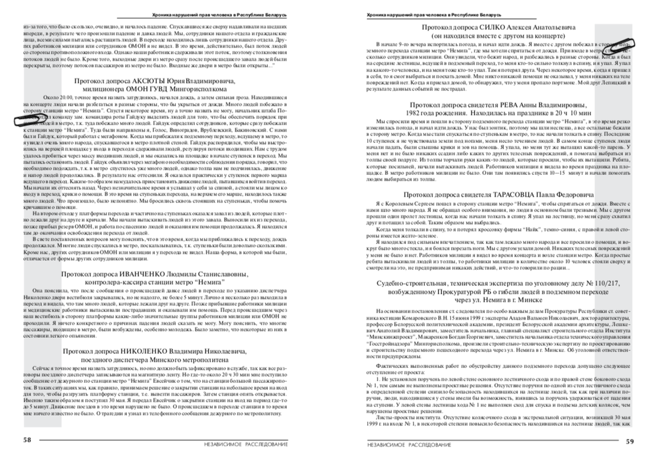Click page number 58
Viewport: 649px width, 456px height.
point(27,439)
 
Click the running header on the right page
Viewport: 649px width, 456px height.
point(434,13)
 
